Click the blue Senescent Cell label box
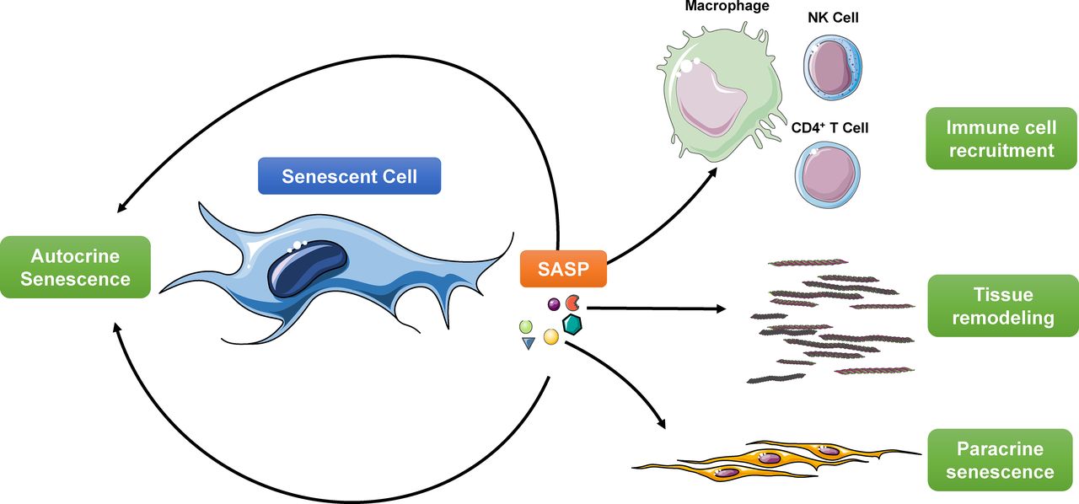[349, 176]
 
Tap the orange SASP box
[562, 270]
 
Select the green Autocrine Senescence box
[76, 267]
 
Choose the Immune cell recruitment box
[1000, 139]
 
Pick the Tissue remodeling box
[1002, 307]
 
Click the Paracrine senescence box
[1000, 460]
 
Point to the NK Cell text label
[833, 18]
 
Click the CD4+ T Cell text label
[829, 129]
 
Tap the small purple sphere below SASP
[554, 303]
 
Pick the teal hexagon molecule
[573, 323]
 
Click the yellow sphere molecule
[551, 336]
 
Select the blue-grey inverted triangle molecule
[529, 343]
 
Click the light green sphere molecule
[526, 325]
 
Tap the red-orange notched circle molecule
[572, 302]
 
